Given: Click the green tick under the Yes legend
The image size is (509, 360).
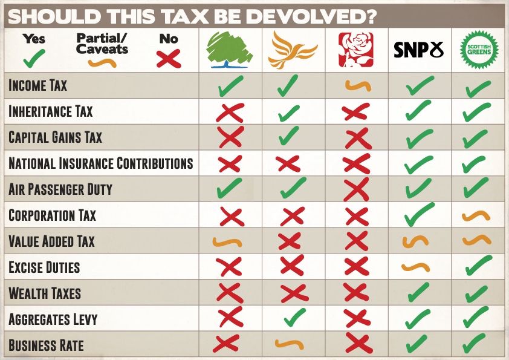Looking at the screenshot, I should point(34,59).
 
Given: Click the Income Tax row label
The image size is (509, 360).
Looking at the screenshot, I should point(37,85).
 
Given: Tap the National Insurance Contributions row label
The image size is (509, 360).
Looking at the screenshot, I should point(100,163).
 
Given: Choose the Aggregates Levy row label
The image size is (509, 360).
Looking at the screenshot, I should point(53,319).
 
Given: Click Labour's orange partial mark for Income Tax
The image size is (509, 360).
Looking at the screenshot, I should point(358,86).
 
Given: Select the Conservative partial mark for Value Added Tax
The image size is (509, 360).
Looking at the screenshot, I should point(227,242).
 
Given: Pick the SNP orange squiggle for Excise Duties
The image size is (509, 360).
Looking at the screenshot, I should point(415,267).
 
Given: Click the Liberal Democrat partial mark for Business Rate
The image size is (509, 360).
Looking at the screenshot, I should point(289,344).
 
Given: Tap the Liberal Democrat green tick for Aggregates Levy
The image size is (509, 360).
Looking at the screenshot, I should point(294,317).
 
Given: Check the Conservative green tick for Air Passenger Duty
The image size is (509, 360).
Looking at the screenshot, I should point(229,188).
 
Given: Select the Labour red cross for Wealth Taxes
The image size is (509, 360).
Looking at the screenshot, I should point(356,293).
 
